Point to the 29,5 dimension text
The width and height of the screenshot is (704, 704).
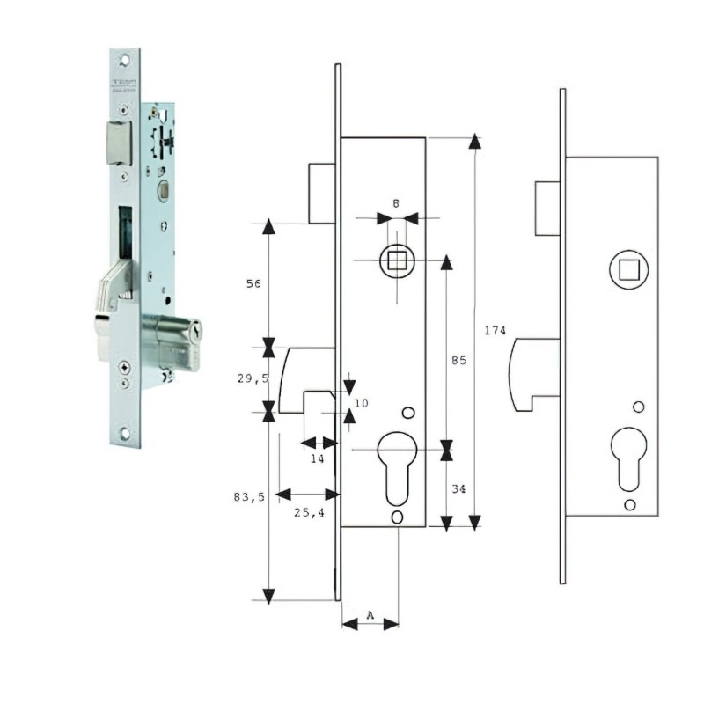(x=253, y=378)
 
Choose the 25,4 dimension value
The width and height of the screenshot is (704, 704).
(x=309, y=512)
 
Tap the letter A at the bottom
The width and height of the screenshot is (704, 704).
(x=370, y=614)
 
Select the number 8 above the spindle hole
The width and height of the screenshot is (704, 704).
(x=396, y=203)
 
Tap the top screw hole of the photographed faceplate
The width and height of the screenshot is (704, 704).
(x=125, y=59)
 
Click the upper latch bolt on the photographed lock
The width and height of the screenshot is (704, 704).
(x=117, y=142)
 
